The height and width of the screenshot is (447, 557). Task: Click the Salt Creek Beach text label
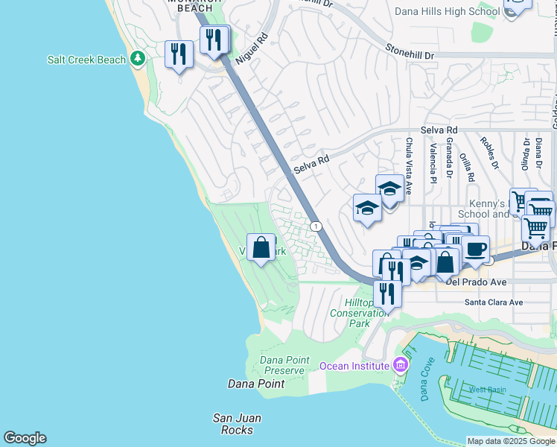pos(86,60)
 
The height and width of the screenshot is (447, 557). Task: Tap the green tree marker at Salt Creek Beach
pos(136,58)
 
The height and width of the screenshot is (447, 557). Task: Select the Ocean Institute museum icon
pos(401,365)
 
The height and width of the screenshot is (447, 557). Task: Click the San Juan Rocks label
pos(237,423)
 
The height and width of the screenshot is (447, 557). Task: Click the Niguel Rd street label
pos(251,48)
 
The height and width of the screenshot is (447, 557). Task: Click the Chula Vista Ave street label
pos(409,157)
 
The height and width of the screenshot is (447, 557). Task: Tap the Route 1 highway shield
pos(316,226)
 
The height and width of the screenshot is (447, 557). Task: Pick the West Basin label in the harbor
pos(487,390)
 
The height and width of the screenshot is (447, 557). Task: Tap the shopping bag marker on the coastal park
pos(261,247)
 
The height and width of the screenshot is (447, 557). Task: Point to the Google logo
pos(25,438)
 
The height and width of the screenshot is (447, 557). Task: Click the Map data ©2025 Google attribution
pos(510,441)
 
